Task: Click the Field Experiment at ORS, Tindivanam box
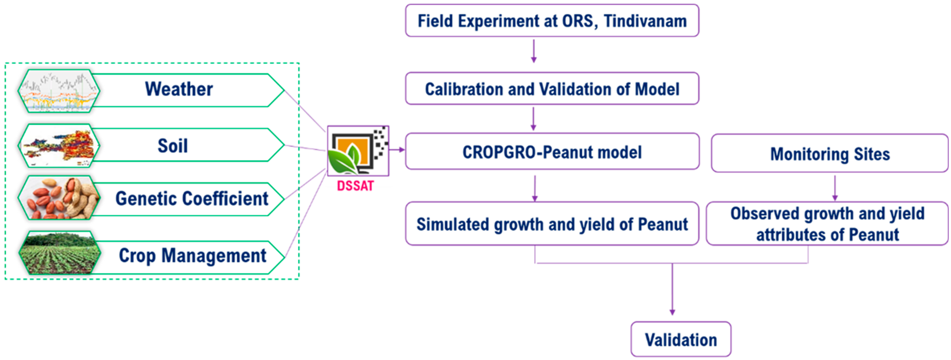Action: (x=552, y=21)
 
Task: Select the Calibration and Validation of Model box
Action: (x=552, y=89)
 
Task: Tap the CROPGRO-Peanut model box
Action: (x=552, y=152)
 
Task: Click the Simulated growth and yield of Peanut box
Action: (x=552, y=224)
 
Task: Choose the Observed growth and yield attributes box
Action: (x=827, y=224)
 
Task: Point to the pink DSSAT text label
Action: (x=355, y=185)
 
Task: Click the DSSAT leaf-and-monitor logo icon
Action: (x=357, y=151)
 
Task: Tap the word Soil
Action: (x=173, y=146)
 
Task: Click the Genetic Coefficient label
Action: (x=192, y=199)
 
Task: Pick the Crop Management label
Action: (x=192, y=255)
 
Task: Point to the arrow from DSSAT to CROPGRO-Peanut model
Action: (x=397, y=149)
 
